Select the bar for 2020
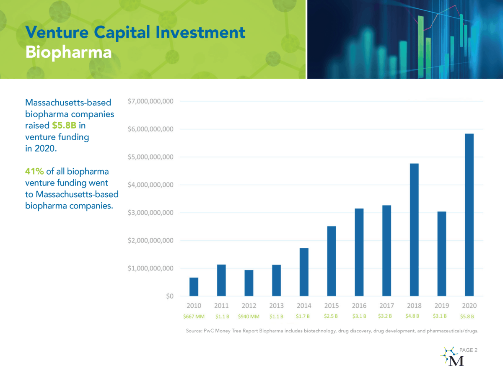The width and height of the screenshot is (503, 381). [x=469, y=215]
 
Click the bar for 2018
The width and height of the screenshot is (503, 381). [x=414, y=230]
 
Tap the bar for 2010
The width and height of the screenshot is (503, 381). [x=194, y=287]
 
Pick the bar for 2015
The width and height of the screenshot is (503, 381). [x=332, y=261]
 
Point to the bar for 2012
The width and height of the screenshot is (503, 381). [x=249, y=283]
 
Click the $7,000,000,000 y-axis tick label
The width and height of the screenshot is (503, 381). [x=150, y=101]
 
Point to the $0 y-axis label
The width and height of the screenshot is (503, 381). [x=170, y=296]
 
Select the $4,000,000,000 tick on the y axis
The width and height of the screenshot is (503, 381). [x=150, y=185]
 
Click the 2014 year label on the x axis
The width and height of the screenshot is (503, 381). [x=304, y=306]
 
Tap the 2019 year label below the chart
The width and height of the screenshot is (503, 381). [x=441, y=306]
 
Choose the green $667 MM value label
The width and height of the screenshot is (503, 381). [x=194, y=317]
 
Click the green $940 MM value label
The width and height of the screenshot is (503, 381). [x=249, y=317]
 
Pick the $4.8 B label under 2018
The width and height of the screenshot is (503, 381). [x=412, y=316]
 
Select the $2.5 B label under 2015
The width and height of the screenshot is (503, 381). [x=331, y=316]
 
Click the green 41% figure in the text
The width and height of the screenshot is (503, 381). [x=34, y=171]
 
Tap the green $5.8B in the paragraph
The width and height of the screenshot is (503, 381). [x=64, y=125]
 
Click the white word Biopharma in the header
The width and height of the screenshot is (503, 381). [x=68, y=52]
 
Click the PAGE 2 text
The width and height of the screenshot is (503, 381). [x=468, y=350]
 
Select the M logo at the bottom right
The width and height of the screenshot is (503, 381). [x=451, y=357]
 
